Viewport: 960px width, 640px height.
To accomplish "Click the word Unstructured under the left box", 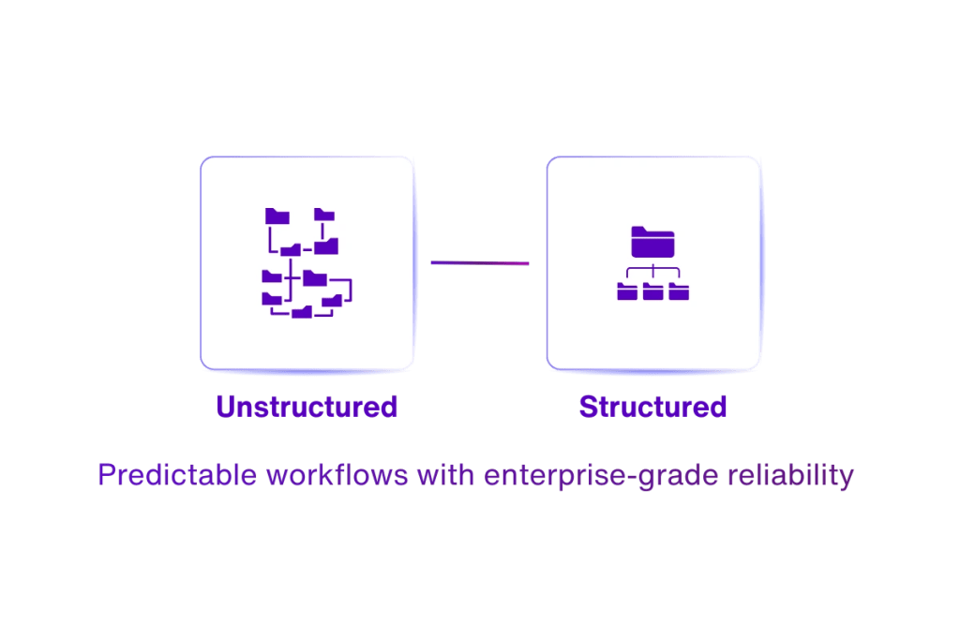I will pos(307,407).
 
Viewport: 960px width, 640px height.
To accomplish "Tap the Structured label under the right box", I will pos(652,407).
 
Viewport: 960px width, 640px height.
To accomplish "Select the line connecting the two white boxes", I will pos(480,263).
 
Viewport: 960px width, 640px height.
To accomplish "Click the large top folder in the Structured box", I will pos(652,242).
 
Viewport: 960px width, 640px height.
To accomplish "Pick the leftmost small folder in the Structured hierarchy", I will pos(627,292).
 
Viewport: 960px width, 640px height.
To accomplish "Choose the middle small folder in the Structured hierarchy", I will pos(652,292).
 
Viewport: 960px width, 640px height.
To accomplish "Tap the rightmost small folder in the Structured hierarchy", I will pos(679,292).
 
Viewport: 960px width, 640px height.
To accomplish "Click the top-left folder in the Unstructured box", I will pos(277,216).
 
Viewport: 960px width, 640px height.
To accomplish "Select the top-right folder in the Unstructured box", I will pos(324,215).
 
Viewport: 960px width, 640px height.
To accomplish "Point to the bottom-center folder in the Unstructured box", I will pos(302,311).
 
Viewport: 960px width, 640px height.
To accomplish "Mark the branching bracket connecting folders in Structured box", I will pos(652,274).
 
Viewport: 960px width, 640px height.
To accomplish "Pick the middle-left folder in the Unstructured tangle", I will pos(272,276).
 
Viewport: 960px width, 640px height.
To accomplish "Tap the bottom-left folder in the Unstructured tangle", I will pos(272,299).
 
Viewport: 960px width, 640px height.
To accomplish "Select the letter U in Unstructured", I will pos(226,407).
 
